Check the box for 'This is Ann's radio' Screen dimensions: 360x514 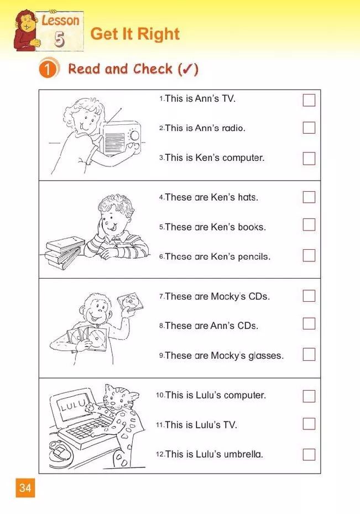[309, 128]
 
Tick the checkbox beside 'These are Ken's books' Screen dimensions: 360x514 [309, 225]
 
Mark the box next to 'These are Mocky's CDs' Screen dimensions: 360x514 [309, 296]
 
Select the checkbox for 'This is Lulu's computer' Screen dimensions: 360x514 [309, 396]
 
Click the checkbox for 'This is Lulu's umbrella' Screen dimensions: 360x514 [309, 455]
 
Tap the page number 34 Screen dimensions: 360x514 [25, 488]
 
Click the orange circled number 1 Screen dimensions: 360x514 [48, 69]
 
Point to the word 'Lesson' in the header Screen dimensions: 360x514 [60, 20]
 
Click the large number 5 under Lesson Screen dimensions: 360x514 [59, 39]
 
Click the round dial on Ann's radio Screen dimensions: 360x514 [134, 135]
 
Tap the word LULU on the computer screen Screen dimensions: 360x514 [73, 405]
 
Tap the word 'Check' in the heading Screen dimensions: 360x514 [153, 69]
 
